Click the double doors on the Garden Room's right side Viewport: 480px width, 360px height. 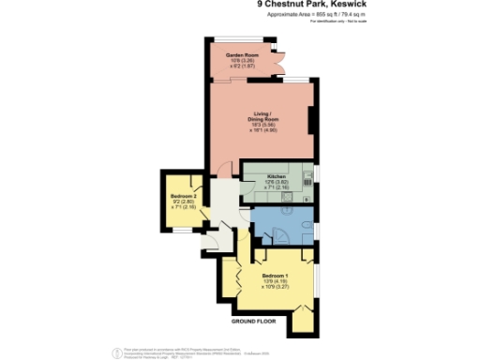[x=277, y=61]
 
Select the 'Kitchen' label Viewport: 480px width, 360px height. [x=276, y=177]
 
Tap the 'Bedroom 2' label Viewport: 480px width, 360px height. [x=184, y=196]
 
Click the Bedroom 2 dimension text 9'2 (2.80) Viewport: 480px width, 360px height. [x=184, y=202]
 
